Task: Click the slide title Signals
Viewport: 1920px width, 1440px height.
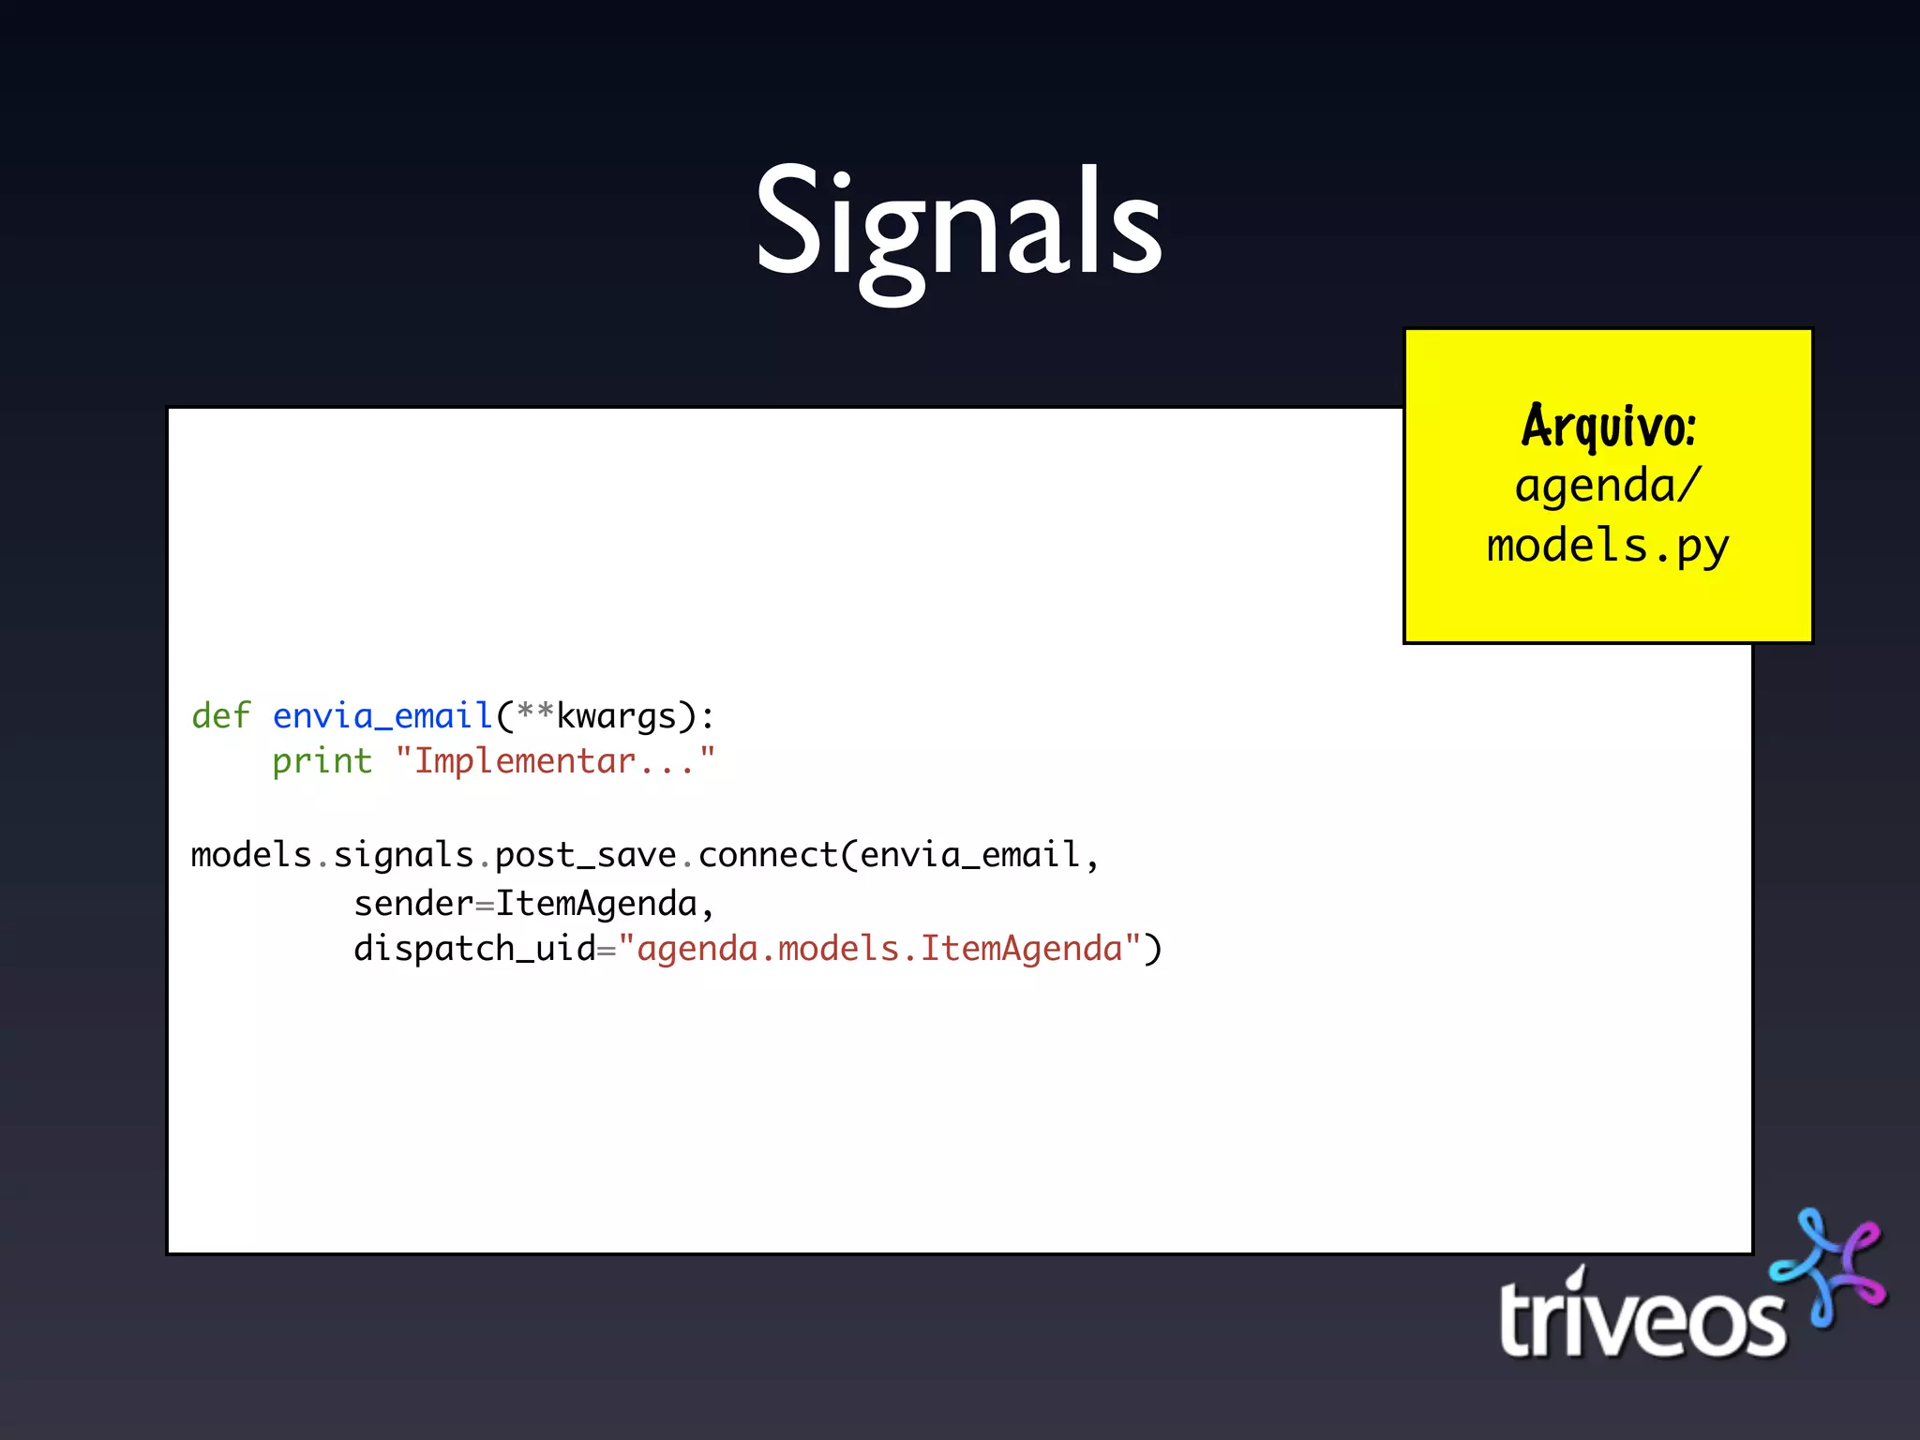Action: coord(958,225)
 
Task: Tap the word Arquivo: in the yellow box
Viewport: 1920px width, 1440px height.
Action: coord(1608,427)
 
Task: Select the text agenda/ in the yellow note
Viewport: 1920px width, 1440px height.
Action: coord(1607,486)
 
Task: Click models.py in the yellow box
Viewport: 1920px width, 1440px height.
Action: coord(1608,546)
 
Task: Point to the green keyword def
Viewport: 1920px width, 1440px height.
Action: coord(221,716)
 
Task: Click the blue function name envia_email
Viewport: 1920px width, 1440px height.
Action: coord(382,716)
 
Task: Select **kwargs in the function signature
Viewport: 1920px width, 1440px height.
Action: coord(596,716)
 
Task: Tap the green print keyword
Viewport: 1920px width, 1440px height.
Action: coord(322,761)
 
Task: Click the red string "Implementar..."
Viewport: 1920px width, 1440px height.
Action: coord(555,761)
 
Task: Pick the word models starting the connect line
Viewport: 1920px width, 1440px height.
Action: coord(251,855)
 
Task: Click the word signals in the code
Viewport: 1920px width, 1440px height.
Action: coord(403,855)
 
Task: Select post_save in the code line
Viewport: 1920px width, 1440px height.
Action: coord(585,855)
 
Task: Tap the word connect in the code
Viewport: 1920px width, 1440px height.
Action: coord(768,855)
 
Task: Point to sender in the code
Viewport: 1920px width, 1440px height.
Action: coord(413,904)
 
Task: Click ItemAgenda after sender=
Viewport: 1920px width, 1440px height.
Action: coord(596,904)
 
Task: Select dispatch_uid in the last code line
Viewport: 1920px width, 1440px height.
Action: coord(474,949)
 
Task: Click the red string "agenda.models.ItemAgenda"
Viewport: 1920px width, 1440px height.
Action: coord(879,949)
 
